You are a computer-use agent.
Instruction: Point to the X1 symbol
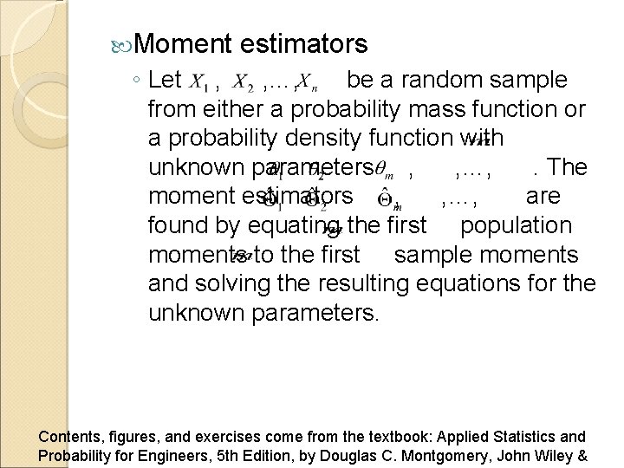(198, 84)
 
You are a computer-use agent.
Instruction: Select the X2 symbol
(245, 84)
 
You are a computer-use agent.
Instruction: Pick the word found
(181, 226)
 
